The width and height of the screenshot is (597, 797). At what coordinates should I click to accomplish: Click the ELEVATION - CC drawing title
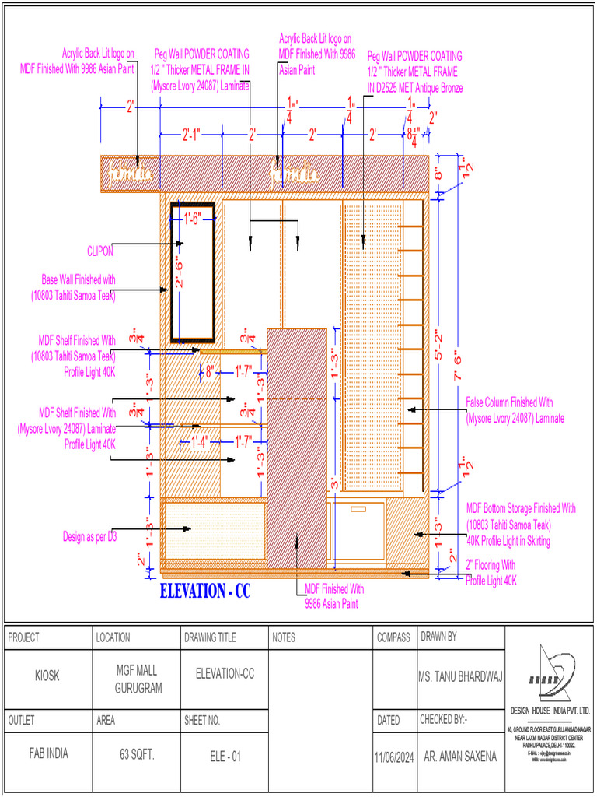pos(205,592)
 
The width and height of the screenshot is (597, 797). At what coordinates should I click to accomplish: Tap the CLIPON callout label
pos(100,251)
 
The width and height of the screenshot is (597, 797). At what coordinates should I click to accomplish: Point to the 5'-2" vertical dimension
pos(440,343)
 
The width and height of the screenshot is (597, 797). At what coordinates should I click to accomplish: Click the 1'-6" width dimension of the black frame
pos(192,219)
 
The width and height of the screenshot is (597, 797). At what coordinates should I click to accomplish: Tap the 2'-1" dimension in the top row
pos(190,135)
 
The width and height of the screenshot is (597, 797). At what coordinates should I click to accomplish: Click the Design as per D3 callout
pos(89,536)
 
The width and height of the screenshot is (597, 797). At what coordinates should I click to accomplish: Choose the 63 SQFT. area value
pos(136,755)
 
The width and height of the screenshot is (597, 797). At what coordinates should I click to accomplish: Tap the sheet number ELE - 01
pos(225,755)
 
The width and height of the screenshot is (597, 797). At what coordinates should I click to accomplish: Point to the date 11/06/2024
pos(394,756)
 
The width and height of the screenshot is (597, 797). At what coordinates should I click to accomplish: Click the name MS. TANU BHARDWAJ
pos(460,676)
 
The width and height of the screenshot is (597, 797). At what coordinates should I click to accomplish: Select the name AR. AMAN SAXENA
pos(460,755)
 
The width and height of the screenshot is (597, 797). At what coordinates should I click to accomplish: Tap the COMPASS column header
pos(393,637)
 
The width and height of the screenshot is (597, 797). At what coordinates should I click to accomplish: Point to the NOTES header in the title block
pos(285,637)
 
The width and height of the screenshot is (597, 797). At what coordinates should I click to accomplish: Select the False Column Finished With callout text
pos(509,402)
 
